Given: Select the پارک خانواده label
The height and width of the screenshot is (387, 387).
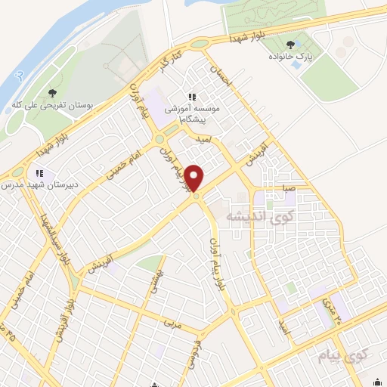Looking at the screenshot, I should pyautogui.click(x=313, y=57).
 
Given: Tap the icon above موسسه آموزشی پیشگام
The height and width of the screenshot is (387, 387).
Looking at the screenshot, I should pyautogui.click(x=192, y=96).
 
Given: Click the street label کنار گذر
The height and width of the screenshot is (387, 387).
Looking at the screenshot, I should pyautogui.click(x=168, y=63).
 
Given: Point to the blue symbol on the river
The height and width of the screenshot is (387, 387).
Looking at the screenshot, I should pyautogui.click(x=21, y=75).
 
